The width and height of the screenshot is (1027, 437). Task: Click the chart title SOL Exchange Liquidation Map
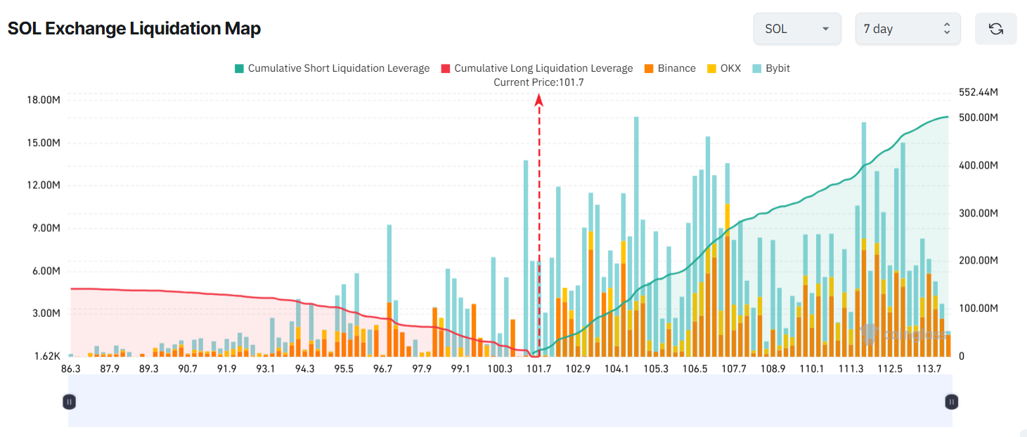point(134,29)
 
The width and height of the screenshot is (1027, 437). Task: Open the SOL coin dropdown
point(796,29)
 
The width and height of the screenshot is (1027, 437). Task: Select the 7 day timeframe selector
point(907,29)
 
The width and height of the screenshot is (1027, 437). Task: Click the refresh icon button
point(995,29)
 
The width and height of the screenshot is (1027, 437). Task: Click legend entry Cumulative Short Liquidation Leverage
point(332,68)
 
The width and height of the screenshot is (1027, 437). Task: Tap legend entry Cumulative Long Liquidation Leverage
point(537,68)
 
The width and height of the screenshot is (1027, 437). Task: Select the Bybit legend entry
point(771,68)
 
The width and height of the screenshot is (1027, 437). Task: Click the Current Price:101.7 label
point(538,82)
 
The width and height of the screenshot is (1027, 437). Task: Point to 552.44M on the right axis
point(978,93)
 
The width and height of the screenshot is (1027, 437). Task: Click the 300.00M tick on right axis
point(978,213)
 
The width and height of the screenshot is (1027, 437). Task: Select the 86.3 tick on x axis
point(70,369)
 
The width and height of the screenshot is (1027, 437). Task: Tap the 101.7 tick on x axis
point(538,369)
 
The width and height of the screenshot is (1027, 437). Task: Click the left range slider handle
point(69,402)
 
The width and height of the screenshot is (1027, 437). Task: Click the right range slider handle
point(951,402)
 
